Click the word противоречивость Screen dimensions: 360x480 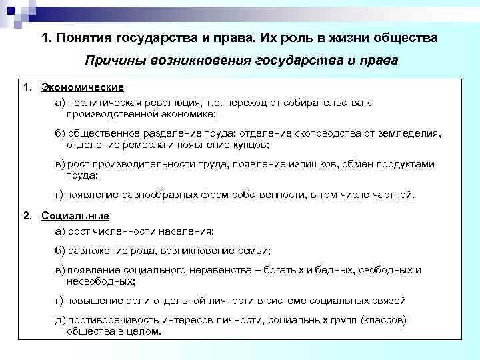tap(111, 321)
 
